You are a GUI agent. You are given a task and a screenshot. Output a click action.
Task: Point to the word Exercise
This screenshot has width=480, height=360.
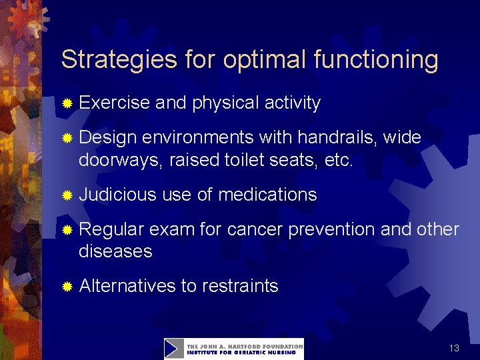coord(114,103)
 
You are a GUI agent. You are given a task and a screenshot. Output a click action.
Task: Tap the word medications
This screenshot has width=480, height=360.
coord(267,195)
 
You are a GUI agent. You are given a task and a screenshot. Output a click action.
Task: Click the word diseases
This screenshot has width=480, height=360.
coord(115,252)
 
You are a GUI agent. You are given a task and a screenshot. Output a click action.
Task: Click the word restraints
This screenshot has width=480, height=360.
coord(240,287)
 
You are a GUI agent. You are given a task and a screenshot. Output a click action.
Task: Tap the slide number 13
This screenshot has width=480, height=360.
coord(454,348)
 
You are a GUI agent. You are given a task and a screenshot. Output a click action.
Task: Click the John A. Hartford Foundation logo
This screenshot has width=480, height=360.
coord(234,349)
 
